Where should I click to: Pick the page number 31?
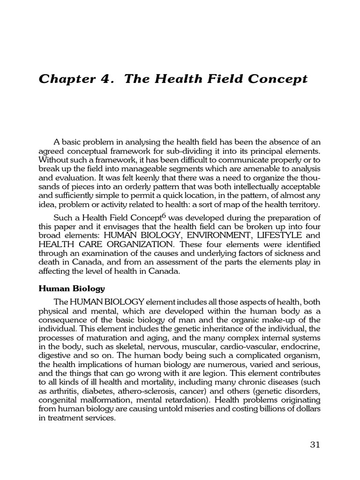tap(315, 444)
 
